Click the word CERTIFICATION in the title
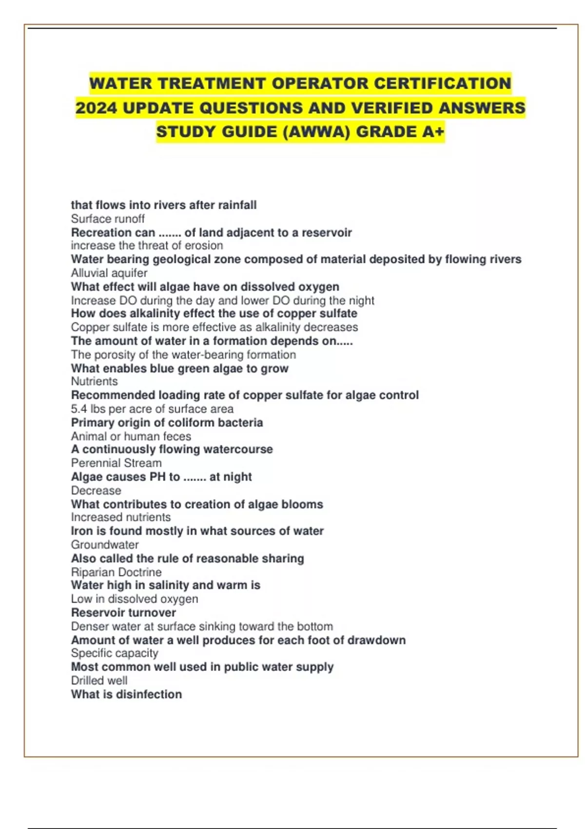click(x=442, y=83)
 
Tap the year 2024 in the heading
click(x=96, y=108)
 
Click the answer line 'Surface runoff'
click(x=108, y=219)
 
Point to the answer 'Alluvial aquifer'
click(x=109, y=273)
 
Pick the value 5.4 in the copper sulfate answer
click(x=79, y=409)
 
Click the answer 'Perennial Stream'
click(x=116, y=463)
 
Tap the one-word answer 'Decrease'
click(x=96, y=491)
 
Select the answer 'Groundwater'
click(x=105, y=545)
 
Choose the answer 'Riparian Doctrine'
click(x=116, y=572)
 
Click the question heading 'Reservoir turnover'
click(x=123, y=612)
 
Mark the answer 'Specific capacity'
click(x=115, y=653)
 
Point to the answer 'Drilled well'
click(x=99, y=680)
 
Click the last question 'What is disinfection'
click(x=126, y=694)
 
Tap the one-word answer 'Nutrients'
click(x=94, y=381)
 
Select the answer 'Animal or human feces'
click(x=131, y=436)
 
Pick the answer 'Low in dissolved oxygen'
click(x=135, y=599)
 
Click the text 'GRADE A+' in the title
click(x=400, y=132)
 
